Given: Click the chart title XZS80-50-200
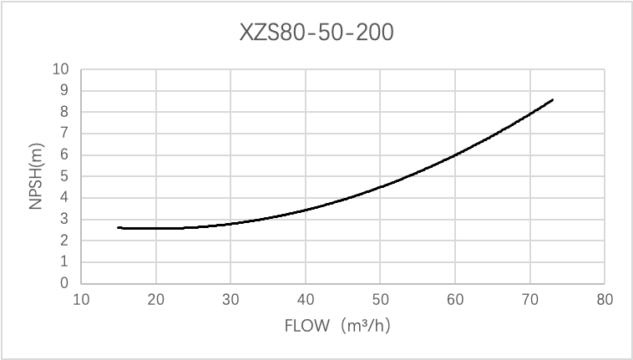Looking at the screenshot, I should (x=316, y=33).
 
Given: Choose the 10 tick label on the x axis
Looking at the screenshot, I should (x=81, y=298).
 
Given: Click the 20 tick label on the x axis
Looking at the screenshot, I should (x=156, y=298).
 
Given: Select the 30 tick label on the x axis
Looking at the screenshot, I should (x=231, y=298).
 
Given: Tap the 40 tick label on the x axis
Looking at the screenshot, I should (x=306, y=298).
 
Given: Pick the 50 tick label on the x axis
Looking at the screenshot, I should (x=380, y=298).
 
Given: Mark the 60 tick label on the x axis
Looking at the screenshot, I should (x=455, y=298).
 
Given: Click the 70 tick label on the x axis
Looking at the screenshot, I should (x=529, y=298).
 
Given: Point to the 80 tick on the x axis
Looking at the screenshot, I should (x=605, y=298).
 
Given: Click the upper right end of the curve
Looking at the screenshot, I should (x=552, y=99).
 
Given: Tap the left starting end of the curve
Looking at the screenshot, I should (x=119, y=227).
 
